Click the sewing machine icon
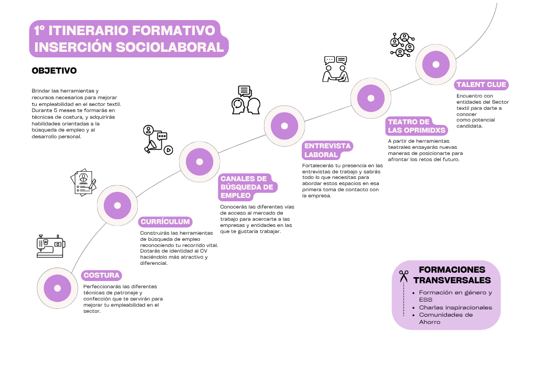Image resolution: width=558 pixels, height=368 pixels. pyautogui.click(x=51, y=246)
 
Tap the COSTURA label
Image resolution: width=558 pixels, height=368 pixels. pyautogui.click(x=102, y=275)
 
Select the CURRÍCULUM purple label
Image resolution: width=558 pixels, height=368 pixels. pyautogui.click(x=165, y=222)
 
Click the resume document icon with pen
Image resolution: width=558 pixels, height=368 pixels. pyautogui.click(x=83, y=182)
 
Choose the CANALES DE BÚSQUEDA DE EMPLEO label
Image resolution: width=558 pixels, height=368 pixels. pyautogui.click(x=247, y=187)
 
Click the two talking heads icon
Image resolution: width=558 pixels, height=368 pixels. pyautogui.click(x=246, y=100)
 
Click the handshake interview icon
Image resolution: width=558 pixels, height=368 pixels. pyautogui.click(x=335, y=69)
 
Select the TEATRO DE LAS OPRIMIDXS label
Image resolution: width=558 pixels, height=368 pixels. pyautogui.click(x=417, y=126)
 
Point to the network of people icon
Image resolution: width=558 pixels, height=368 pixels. pyautogui.click(x=402, y=45)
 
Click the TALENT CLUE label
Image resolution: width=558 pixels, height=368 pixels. pyautogui.click(x=481, y=85)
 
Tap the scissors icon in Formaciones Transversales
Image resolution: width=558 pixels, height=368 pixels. pyautogui.click(x=403, y=276)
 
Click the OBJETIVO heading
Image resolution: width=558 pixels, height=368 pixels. pyautogui.click(x=54, y=71)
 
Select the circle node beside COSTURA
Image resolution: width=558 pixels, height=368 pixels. pyautogui.click(x=57, y=288)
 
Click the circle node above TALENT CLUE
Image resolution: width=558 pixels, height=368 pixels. pyautogui.click(x=436, y=65)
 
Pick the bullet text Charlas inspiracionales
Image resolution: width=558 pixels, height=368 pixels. pyautogui.click(x=455, y=308)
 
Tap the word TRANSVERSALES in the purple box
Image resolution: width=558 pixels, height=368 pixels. pyautogui.click(x=452, y=280)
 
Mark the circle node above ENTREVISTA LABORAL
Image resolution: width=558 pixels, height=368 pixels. pyautogui.click(x=285, y=126)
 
